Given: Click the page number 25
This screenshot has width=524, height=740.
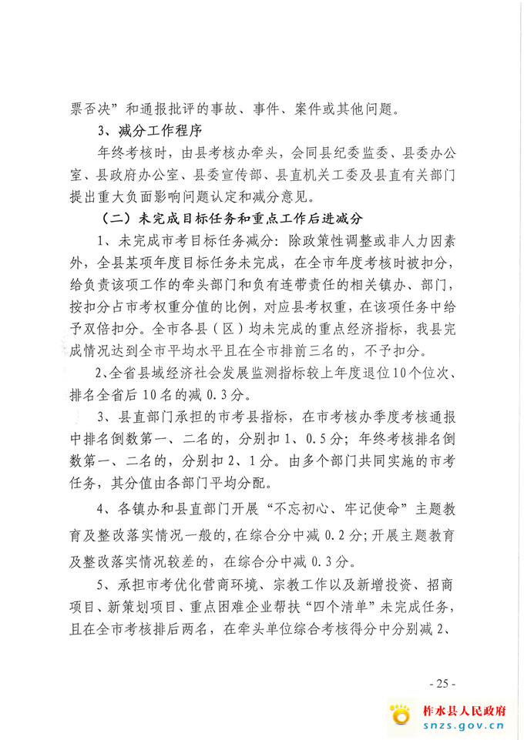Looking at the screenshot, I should point(442,682).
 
